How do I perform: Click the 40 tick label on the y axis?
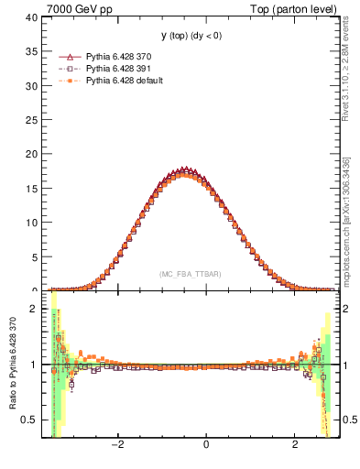pos(32,17)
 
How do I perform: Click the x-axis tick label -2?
pos(117,446)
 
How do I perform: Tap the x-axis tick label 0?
pos(206,446)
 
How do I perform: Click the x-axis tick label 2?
pos(295,446)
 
